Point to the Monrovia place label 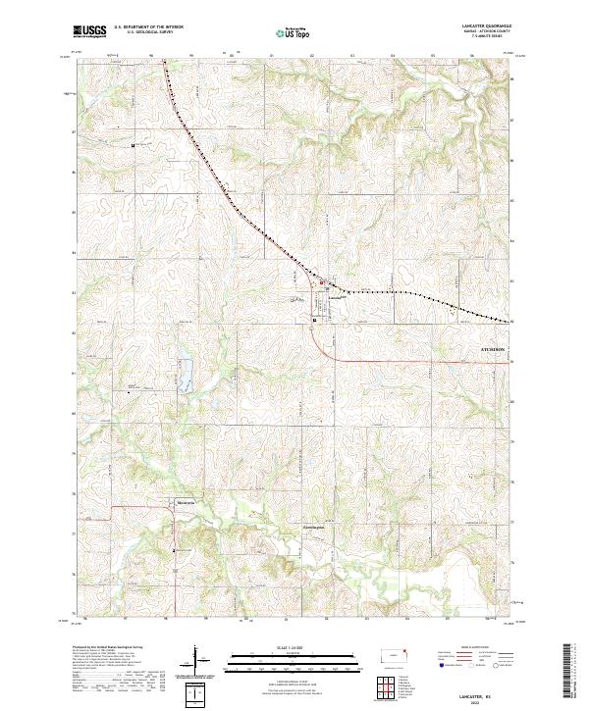(187, 502)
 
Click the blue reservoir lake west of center (183, 373)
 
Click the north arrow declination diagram (196, 659)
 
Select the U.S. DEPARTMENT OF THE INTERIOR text (148, 27)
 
